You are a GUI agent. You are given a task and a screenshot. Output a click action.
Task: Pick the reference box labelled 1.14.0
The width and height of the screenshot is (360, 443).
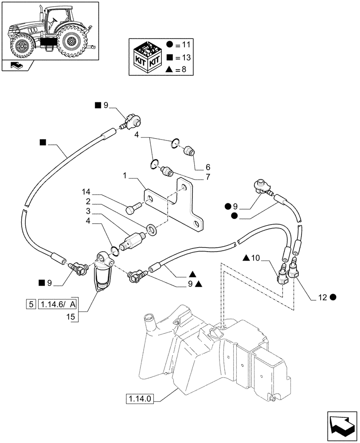pyautogui.click(x=140, y=398)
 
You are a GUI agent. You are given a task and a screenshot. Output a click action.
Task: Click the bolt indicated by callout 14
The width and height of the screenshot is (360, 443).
pyautogui.click(x=133, y=207)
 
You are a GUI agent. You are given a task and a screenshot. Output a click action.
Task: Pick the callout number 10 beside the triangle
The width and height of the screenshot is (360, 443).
pyautogui.click(x=256, y=258)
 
